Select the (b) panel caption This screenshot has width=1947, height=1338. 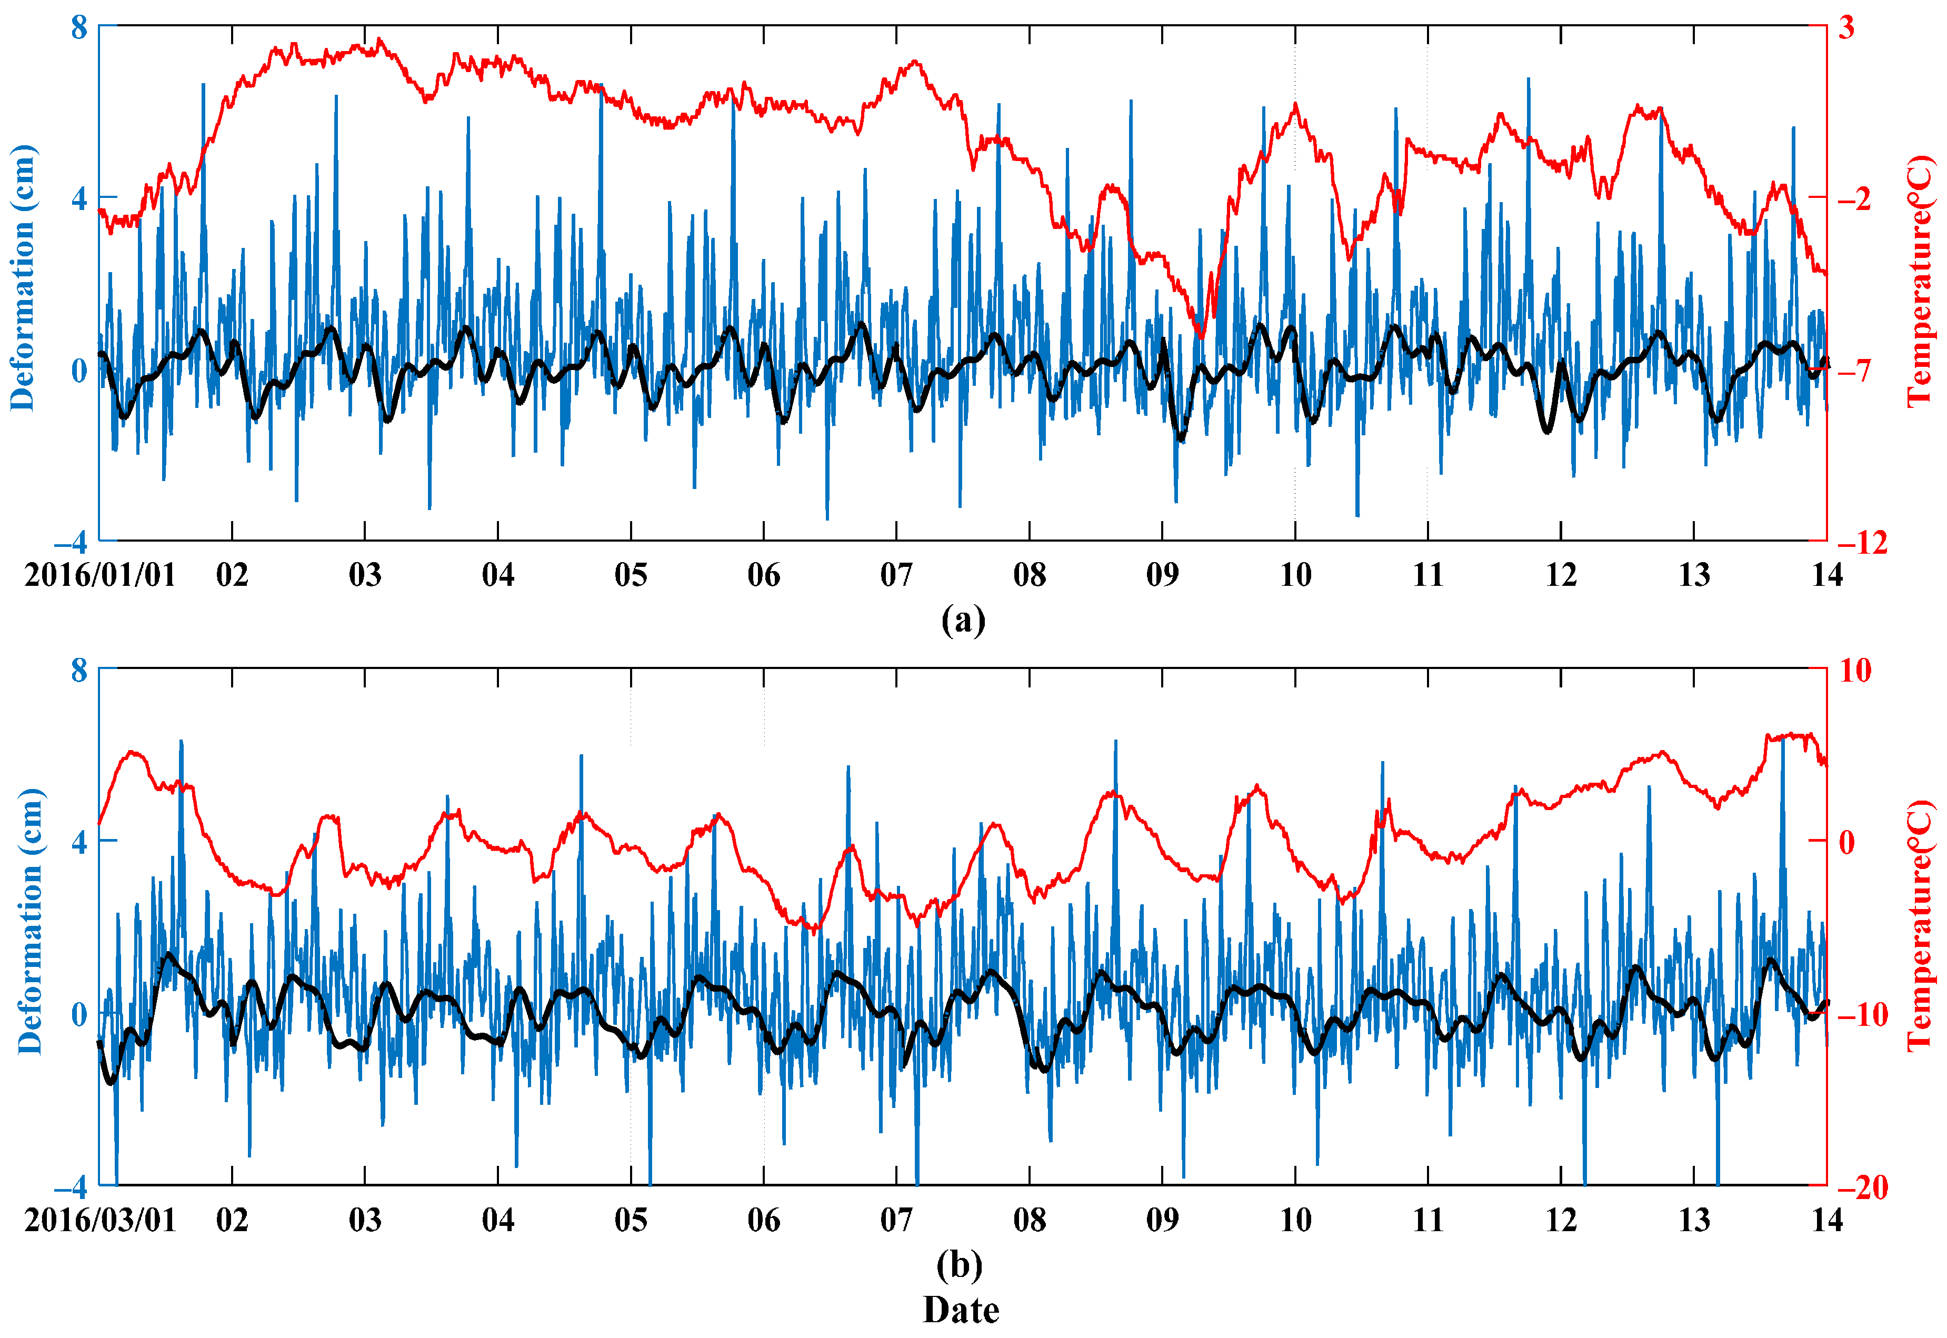point(960,1264)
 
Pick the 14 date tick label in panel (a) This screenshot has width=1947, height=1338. point(1827,575)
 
